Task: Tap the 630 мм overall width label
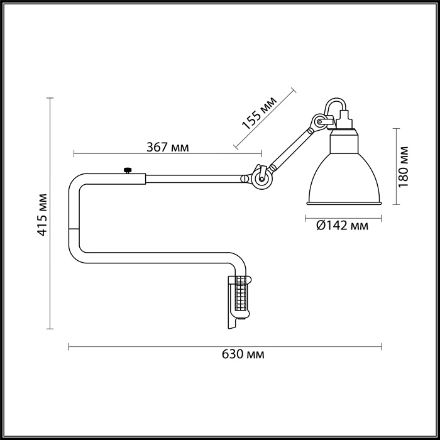(x=243, y=355)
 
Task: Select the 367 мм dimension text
(x=168, y=147)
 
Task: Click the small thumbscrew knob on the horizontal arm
(x=128, y=170)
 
